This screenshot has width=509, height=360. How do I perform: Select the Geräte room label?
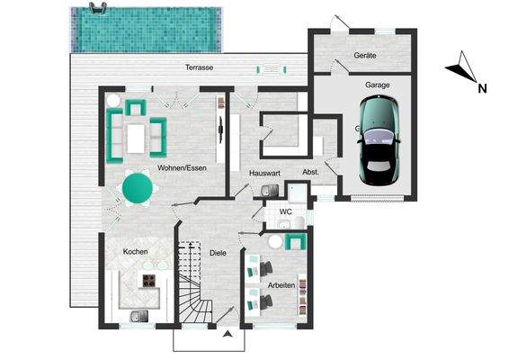(365, 55)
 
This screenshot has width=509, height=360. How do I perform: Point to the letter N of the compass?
(482, 88)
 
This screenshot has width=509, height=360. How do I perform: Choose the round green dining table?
(138, 188)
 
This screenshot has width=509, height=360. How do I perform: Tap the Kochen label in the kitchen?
(135, 251)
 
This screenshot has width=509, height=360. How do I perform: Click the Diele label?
(218, 253)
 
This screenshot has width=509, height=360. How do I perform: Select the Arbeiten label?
(281, 285)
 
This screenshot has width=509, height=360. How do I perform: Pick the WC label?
(286, 212)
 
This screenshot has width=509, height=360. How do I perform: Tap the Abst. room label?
(310, 171)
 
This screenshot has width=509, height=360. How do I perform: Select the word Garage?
(377, 85)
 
